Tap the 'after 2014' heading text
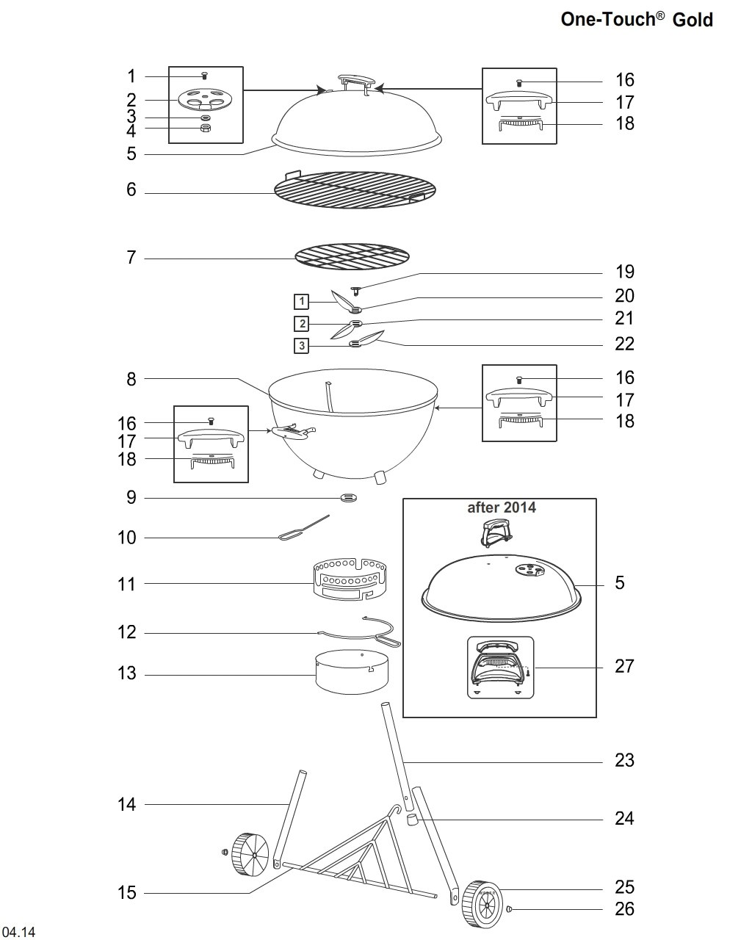click(501, 507)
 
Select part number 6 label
click(131, 189)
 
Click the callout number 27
click(624, 667)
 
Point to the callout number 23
click(624, 761)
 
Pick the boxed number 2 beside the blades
click(301, 324)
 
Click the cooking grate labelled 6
click(355, 189)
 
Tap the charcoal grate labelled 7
click(352, 257)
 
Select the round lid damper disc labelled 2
click(205, 100)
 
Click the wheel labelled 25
click(481, 903)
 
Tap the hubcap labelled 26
click(509, 909)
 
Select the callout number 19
click(624, 272)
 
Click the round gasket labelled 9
click(349, 497)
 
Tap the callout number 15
click(127, 892)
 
